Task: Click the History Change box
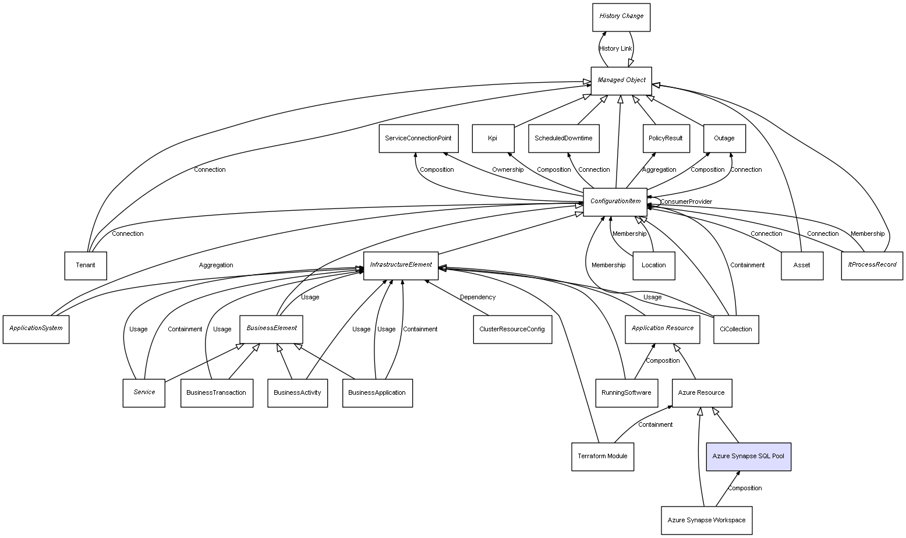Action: (x=621, y=17)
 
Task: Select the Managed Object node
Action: (x=621, y=80)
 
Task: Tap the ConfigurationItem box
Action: (x=615, y=201)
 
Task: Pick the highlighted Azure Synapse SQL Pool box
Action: (x=748, y=456)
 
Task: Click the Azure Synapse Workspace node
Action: (x=706, y=520)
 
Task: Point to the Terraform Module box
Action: (x=602, y=456)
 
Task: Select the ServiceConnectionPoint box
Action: (x=418, y=139)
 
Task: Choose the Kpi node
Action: (x=493, y=139)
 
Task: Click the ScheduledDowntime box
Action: (x=563, y=139)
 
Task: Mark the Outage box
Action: (x=724, y=139)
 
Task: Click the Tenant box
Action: (x=85, y=266)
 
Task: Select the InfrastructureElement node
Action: (x=401, y=265)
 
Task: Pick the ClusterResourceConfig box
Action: (x=512, y=329)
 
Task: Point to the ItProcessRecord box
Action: (x=872, y=265)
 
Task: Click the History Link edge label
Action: (x=615, y=49)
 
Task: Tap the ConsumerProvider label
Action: (x=686, y=202)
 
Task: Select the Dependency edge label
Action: (x=477, y=298)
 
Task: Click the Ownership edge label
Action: (x=507, y=170)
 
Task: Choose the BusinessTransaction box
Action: (x=216, y=392)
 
